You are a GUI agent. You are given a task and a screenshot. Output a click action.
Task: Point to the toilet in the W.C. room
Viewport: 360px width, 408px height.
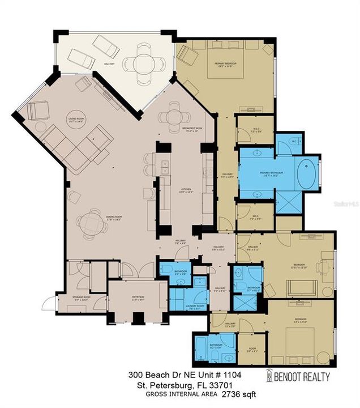[295, 141]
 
